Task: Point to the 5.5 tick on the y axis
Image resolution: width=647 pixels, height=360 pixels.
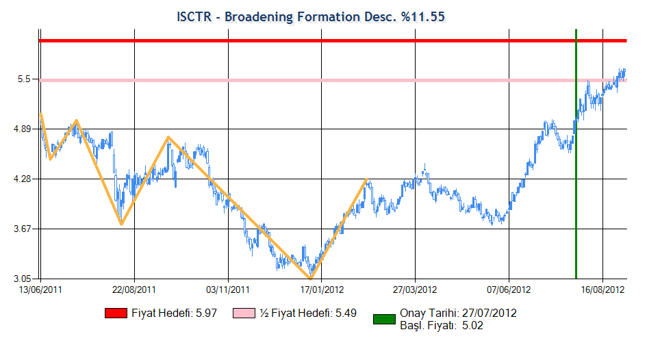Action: [x=25, y=79]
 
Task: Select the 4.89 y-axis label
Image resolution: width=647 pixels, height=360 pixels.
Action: [x=23, y=129]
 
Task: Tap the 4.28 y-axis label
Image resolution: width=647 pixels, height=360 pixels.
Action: [x=23, y=179]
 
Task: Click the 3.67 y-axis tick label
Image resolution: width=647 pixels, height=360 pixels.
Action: [x=23, y=229]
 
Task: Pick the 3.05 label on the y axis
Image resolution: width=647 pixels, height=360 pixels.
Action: [x=23, y=279]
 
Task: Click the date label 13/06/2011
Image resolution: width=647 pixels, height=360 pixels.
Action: [x=40, y=290]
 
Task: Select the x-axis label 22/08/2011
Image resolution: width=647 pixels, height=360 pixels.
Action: [x=134, y=290]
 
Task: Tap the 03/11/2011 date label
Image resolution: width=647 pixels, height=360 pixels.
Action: [x=228, y=290]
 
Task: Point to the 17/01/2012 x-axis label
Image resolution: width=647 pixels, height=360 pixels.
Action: [x=322, y=290]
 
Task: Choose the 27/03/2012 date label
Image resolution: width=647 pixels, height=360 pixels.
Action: [x=415, y=290]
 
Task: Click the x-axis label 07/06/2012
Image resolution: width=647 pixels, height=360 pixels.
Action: [x=509, y=290]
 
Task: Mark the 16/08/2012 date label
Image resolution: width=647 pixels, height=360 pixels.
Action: [x=603, y=290]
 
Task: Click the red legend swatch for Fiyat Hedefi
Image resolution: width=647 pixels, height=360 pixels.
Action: [x=116, y=313]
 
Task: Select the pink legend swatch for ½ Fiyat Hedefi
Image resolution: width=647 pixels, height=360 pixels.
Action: [x=244, y=313]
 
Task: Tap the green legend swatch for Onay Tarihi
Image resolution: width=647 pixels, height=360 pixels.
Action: [x=384, y=319]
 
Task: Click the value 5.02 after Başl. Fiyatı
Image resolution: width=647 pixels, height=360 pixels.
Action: [x=472, y=325]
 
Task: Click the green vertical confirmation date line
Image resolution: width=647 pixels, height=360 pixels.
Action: [x=576, y=154]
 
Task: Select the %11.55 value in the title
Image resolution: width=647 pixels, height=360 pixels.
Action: [x=423, y=17]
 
